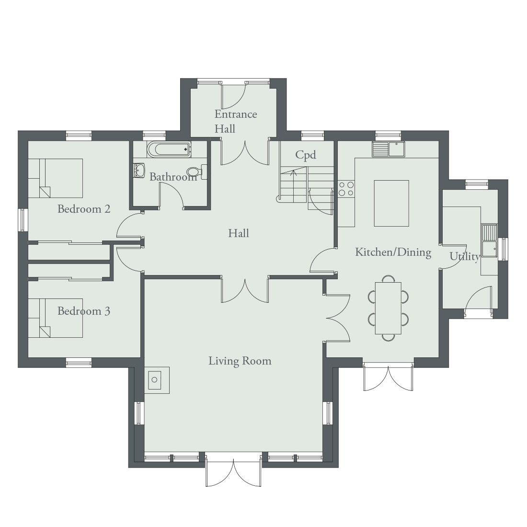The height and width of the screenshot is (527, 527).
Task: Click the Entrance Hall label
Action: point(235,121)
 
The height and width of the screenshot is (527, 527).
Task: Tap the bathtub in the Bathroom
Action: point(169,149)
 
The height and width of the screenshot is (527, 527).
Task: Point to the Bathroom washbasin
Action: point(139,170)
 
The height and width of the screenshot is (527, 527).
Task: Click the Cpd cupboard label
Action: point(306,156)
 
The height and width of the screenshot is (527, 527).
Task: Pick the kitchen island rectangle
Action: point(391,203)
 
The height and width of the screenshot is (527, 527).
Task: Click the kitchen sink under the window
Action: point(389,149)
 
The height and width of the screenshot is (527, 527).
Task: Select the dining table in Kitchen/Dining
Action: point(388,308)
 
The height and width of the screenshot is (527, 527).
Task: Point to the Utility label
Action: point(464,257)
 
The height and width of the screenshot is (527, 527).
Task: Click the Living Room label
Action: point(240,361)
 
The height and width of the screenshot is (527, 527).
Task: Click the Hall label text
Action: point(238,233)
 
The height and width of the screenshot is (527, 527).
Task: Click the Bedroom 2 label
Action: point(84,209)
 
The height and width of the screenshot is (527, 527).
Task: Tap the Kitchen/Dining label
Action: point(393,252)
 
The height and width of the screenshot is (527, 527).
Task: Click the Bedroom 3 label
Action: point(84,311)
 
